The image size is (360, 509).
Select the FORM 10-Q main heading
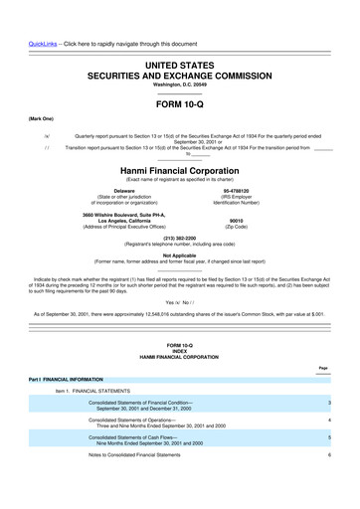pyautogui.click(x=179, y=99)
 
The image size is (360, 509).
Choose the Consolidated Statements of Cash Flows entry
pyautogui.click(x=145, y=465)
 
